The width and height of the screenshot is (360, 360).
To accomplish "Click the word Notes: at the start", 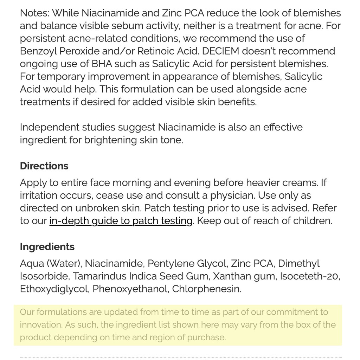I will pos(34,13).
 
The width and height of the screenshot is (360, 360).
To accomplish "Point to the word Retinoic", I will pos(154,51).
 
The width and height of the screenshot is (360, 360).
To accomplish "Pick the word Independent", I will pos(50,127).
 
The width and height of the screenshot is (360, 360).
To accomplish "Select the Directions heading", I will pos(44,166).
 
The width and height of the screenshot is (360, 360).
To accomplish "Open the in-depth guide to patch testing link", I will pos(121,221).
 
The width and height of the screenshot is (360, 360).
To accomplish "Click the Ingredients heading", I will pos(47,247).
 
